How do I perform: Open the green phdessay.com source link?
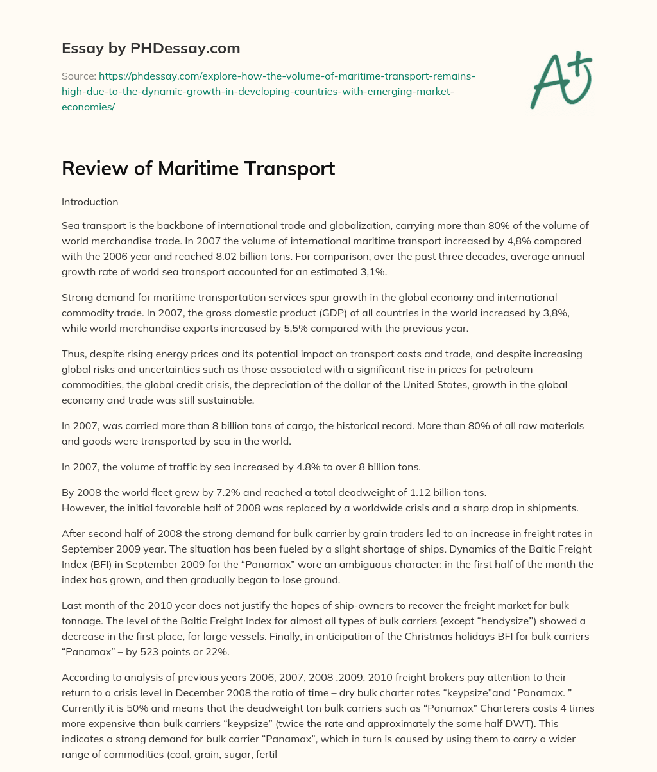click(268, 91)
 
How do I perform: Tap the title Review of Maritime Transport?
click(198, 168)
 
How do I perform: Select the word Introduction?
click(90, 202)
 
